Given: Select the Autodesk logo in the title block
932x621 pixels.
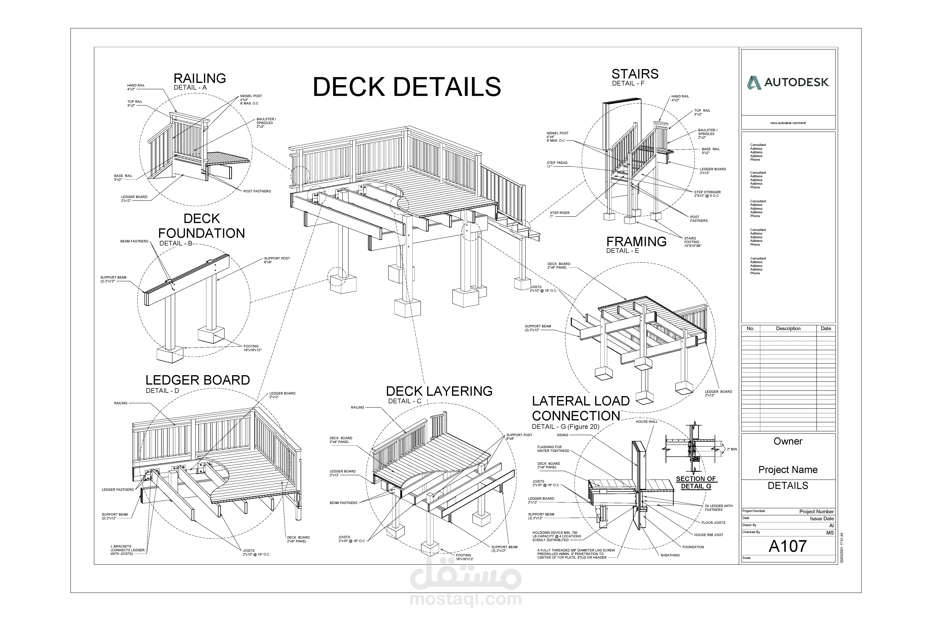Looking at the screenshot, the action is tap(788, 82).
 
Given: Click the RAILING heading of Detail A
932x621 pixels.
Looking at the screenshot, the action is tap(200, 78).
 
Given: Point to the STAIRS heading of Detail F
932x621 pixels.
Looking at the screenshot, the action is tap(635, 74).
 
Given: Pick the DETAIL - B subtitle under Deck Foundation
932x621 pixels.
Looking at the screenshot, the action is tap(176, 243).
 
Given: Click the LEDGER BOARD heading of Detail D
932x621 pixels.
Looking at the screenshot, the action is tap(197, 380).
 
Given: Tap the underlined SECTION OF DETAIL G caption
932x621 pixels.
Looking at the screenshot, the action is tap(696, 482).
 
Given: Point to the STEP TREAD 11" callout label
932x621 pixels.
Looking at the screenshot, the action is tap(557, 164).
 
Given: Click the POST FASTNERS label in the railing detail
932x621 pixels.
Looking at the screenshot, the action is tap(257, 191).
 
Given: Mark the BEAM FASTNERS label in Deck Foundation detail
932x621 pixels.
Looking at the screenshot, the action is tap(134, 241).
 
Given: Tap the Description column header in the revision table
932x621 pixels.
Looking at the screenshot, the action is tap(788, 328).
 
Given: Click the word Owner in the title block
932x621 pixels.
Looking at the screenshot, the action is tap(788, 441).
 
